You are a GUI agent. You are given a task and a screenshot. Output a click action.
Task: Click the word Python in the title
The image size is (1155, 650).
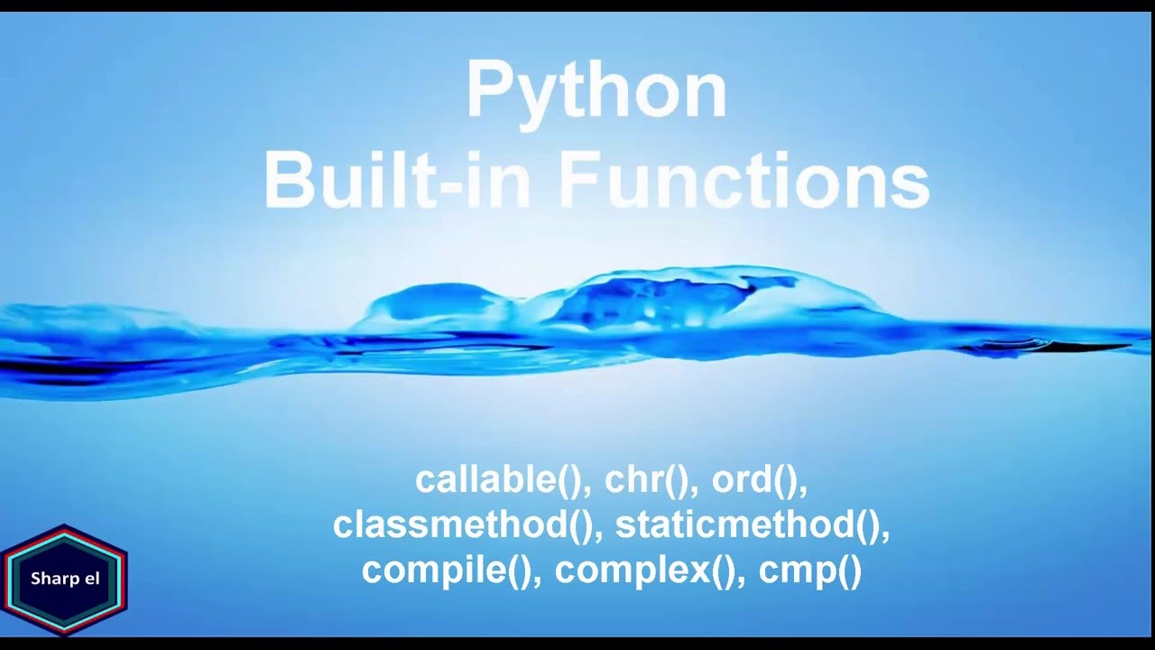pyautogui.click(x=596, y=92)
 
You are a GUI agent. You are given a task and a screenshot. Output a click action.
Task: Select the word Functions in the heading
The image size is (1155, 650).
pyautogui.click(x=744, y=180)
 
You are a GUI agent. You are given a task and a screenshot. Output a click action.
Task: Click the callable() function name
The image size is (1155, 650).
pyautogui.click(x=499, y=480)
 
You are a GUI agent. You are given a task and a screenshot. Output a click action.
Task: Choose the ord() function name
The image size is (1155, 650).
pyautogui.click(x=756, y=480)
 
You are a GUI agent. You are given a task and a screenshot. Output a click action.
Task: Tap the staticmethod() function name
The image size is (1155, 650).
pyautogui.click(x=748, y=525)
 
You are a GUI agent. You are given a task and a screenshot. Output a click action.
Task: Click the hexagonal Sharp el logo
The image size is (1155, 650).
pyautogui.click(x=64, y=578)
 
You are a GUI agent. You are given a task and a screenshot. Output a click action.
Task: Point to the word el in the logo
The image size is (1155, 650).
pyautogui.click(x=89, y=578)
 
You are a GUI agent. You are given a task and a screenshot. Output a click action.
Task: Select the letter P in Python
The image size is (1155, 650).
pyautogui.click(x=489, y=91)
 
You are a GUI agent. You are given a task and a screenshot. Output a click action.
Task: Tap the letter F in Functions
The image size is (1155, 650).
pyautogui.click(x=579, y=180)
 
